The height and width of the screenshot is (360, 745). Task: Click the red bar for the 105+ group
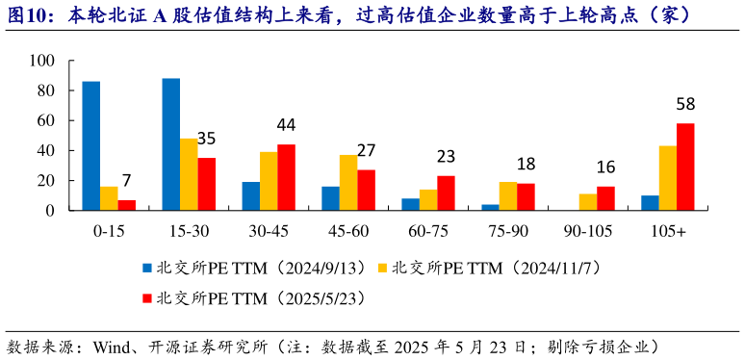pos(685,167)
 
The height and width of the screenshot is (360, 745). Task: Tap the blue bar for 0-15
pos(90,145)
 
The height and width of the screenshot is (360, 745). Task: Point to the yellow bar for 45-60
pos(347,183)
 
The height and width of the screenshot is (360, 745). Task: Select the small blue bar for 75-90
pos(491,207)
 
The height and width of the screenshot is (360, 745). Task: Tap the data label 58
pos(685,104)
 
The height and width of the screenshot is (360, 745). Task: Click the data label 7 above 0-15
pos(126,180)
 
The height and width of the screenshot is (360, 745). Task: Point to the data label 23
pos(446,156)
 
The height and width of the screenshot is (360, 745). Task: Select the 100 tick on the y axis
pos(47,61)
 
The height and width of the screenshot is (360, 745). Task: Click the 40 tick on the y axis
pos(51,150)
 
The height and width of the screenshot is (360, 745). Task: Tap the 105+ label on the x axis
pos(668,231)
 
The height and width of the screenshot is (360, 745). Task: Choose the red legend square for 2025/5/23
pos(147,296)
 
